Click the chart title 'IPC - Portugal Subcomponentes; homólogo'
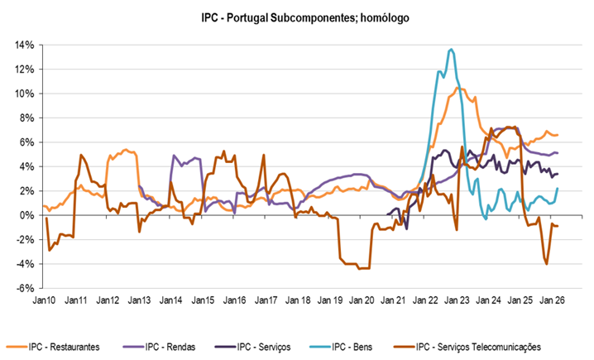(x=304, y=16)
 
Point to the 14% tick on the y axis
(x=22, y=45)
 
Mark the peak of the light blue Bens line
(x=450, y=50)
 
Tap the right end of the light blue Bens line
(x=558, y=188)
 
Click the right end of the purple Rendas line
(x=558, y=153)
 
